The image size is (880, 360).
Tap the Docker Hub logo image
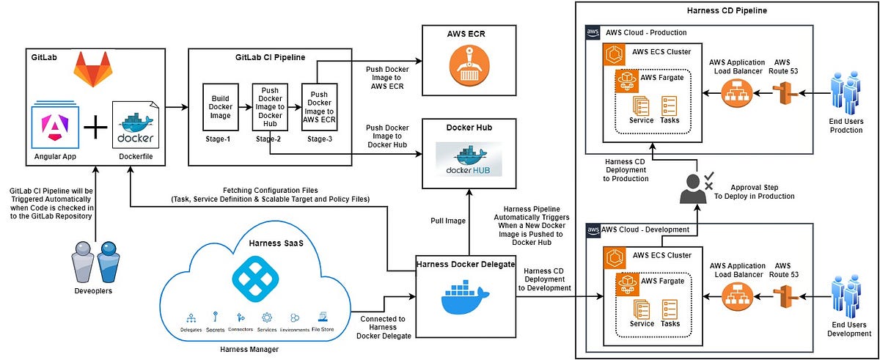click(x=469, y=161)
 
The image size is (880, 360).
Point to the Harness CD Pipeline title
click(x=726, y=11)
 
